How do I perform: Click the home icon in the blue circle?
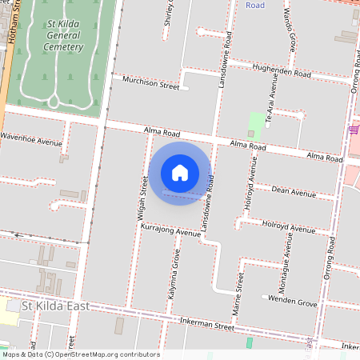pos(180,173)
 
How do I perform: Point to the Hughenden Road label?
pos(281,72)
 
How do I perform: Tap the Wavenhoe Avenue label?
pos(30,142)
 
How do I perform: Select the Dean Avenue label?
pos(294,191)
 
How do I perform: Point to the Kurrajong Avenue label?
pos(169,232)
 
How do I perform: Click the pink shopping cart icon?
pos(354,130)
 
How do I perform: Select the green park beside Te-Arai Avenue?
pos(255,122)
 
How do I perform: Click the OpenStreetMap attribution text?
pos(81,354)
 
